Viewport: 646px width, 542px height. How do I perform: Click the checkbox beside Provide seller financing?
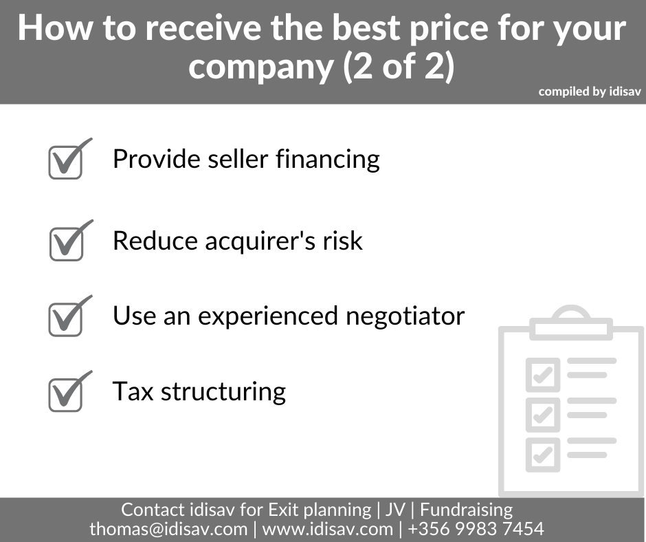pyautogui.click(x=66, y=162)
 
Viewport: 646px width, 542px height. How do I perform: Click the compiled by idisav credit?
pyautogui.click(x=590, y=91)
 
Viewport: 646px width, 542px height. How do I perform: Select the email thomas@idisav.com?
pyautogui.click(x=168, y=529)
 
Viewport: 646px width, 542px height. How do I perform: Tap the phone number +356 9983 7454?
pyautogui.click(x=476, y=529)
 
